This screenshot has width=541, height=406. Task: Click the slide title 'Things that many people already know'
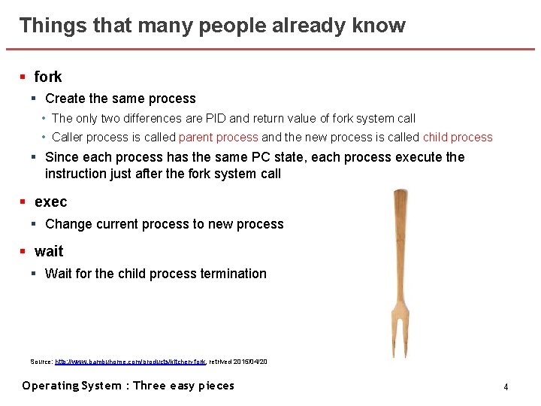[212, 26]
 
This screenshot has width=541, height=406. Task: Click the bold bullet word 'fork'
[48, 77]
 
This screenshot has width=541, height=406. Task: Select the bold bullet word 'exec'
[50, 201]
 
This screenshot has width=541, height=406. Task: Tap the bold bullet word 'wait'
[49, 251]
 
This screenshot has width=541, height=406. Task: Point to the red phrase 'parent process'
[218, 138]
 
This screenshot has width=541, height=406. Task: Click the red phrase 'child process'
[458, 138]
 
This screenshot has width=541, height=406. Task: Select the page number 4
[506, 386]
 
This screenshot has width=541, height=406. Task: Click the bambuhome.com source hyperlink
[130, 362]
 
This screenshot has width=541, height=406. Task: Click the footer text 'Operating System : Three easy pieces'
[128, 386]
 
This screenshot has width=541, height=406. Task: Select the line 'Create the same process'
[120, 98]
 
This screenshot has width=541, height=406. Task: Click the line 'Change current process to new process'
[164, 224]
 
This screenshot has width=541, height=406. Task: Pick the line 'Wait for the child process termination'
[156, 274]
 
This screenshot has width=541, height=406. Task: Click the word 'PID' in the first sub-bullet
[241, 119]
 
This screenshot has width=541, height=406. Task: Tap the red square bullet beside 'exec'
[23, 201]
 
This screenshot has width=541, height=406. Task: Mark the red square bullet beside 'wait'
[23, 251]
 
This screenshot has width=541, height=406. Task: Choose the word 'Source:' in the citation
[41, 362]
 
